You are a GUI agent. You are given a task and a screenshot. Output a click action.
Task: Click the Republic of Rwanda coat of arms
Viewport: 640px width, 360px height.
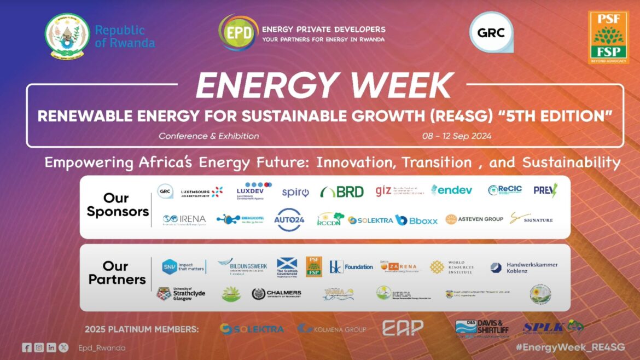click(x=67, y=36)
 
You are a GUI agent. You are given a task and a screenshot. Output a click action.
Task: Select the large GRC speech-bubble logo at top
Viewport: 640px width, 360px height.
click(x=491, y=32)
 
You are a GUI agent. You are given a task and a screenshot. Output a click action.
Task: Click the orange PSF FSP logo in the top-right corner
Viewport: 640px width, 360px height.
click(x=608, y=37)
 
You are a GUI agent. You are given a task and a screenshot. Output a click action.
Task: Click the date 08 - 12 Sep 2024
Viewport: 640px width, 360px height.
click(x=457, y=136)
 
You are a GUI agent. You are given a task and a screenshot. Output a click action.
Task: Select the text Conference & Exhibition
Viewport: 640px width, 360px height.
click(x=209, y=136)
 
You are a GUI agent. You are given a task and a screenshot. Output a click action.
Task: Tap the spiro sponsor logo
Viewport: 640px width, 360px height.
click(x=295, y=192)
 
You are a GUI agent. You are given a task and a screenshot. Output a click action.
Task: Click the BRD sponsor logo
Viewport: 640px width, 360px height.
click(x=342, y=191)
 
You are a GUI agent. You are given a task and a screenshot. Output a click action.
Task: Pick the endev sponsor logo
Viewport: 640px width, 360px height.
click(x=451, y=190)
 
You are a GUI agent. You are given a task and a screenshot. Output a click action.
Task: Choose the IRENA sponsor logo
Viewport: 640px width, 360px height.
click(x=184, y=219)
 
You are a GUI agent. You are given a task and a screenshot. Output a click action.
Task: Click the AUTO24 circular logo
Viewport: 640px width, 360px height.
click(x=289, y=219)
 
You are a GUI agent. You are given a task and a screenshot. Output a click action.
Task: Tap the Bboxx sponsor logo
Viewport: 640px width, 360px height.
click(x=416, y=220)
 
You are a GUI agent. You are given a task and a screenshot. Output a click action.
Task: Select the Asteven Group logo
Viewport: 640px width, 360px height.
click(x=474, y=219)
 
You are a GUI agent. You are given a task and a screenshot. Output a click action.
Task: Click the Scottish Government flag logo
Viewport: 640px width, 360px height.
click(x=287, y=267)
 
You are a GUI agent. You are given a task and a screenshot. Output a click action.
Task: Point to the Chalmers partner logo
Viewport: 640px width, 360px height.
click(x=276, y=294)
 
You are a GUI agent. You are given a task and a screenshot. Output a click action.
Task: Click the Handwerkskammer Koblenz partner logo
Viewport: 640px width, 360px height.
click(x=524, y=268)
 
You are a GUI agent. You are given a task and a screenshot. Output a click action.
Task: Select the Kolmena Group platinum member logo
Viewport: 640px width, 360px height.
click(x=331, y=329)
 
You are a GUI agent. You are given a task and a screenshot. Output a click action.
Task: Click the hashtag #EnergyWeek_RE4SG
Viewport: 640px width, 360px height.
click(x=586, y=347)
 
